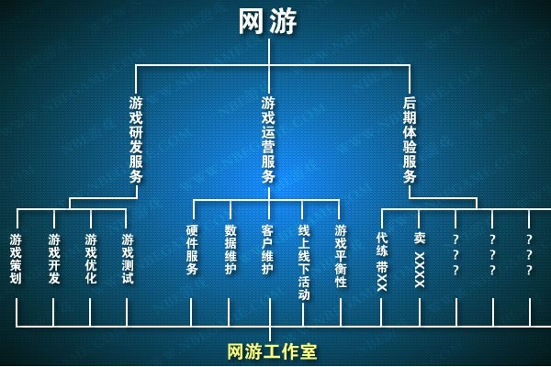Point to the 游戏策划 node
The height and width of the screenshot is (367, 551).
[x=16, y=259]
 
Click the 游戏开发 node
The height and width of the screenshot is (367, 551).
[x=54, y=259]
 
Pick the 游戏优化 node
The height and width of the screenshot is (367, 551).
[x=90, y=259]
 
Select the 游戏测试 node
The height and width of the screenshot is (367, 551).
[x=128, y=259]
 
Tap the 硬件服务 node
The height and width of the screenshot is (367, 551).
[x=192, y=250]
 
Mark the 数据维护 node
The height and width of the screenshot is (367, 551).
[x=231, y=250]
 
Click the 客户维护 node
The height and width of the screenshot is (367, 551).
[x=267, y=250]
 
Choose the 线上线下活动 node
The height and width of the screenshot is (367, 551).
[x=304, y=262]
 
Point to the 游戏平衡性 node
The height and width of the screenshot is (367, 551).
[x=341, y=256]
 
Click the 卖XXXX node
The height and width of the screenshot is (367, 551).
[x=420, y=260]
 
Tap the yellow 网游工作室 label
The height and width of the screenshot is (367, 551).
[x=272, y=351]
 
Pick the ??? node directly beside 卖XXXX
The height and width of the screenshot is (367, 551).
[x=455, y=254]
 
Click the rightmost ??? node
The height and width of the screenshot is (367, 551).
[x=529, y=254]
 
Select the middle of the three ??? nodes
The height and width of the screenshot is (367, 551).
[x=492, y=254]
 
